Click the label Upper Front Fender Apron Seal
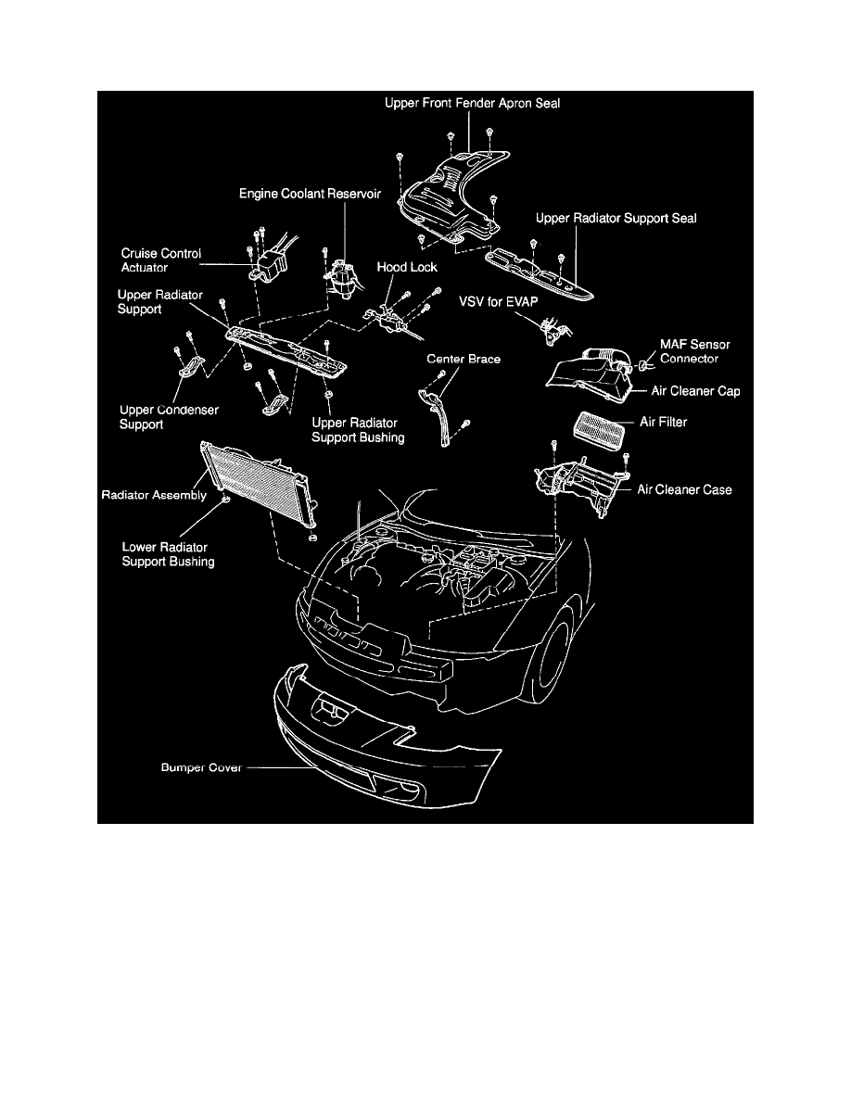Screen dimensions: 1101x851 [x=472, y=105]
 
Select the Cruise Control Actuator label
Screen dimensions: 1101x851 [x=160, y=259]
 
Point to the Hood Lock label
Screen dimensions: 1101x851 [x=407, y=266]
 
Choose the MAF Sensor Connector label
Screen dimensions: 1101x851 [x=694, y=351]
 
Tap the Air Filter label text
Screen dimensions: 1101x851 [x=663, y=422]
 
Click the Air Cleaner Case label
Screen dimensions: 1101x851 [x=683, y=489]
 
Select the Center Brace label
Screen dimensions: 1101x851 [x=464, y=358]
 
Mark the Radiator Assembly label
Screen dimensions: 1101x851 [x=153, y=496]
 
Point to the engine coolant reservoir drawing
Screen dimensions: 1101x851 [x=343, y=279]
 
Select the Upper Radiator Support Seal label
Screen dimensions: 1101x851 [x=616, y=219]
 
